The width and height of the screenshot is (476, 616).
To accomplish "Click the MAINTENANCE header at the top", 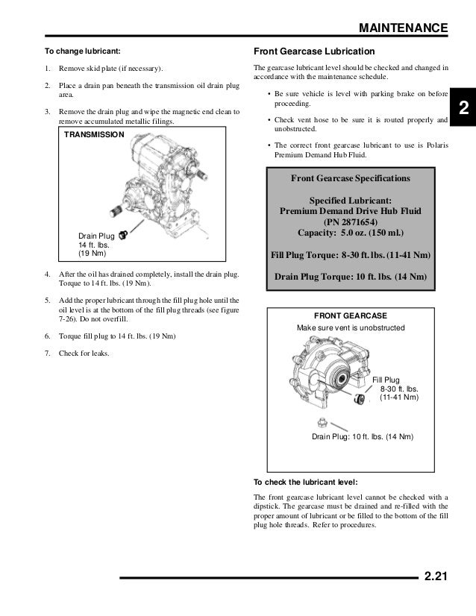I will pos(403,28).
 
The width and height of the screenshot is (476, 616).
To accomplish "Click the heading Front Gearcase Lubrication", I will pos(314,53).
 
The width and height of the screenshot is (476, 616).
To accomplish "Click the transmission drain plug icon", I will pos(125,236).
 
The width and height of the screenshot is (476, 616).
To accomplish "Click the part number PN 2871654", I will pos(350,221).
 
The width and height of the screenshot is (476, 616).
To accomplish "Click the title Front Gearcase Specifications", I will pos(350,179).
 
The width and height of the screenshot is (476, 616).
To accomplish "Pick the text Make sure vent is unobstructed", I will pos(351,328).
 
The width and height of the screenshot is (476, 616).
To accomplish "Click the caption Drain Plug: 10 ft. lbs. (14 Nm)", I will pos(362,436).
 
